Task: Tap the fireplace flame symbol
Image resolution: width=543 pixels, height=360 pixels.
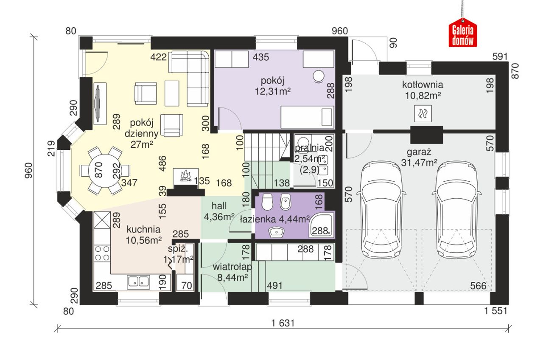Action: click(x=186, y=176)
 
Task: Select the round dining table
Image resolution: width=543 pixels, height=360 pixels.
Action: click(x=104, y=170)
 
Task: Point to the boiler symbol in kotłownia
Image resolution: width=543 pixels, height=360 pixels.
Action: click(x=423, y=113)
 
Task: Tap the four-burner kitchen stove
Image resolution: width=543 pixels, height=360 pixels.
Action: click(x=102, y=253)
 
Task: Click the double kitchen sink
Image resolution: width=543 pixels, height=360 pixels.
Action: click(x=138, y=282)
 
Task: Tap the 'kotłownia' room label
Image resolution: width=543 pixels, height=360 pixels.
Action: click(x=423, y=84)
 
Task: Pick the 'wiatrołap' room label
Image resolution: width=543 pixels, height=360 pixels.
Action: click(x=232, y=267)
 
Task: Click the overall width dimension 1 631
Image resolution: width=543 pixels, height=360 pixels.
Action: click(x=283, y=323)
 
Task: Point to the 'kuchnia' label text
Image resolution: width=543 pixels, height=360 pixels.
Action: click(x=143, y=230)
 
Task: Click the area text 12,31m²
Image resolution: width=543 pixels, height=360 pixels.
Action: click(x=272, y=91)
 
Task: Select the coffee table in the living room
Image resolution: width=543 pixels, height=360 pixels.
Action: click(x=172, y=93)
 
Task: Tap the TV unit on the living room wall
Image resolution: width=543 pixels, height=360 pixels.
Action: click(x=100, y=104)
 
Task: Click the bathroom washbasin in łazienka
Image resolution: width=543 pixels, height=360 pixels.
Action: click(x=276, y=232)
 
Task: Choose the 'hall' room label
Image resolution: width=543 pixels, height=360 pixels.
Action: click(x=219, y=206)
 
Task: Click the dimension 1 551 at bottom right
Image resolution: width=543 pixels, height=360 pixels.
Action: click(x=496, y=311)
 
